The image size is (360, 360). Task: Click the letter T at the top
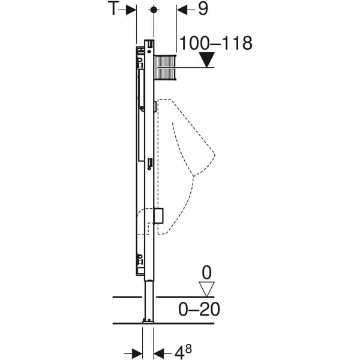pos(113,9)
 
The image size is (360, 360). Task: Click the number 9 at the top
pos(203,9)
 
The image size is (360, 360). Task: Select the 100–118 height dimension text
pos(215,43)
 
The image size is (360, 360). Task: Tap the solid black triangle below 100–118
pos(207,59)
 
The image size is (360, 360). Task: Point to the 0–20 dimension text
pos(199,309)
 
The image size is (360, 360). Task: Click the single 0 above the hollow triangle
pos(206,273)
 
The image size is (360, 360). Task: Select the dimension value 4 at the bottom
pos(179,352)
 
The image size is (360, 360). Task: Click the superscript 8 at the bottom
pos(188,349)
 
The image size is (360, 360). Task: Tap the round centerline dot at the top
pos(154,10)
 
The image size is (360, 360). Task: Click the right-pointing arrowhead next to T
pos(131,10)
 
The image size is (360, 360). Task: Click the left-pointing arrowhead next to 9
pos(182,10)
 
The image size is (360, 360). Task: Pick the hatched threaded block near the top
pos(166,67)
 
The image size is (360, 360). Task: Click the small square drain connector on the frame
pos(158,216)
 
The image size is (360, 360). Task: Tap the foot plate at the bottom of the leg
pos(148,321)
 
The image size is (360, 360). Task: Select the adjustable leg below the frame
pos(149,299)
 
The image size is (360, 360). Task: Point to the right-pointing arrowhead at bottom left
pos(137,354)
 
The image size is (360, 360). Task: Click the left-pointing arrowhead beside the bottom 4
pos(159,353)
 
